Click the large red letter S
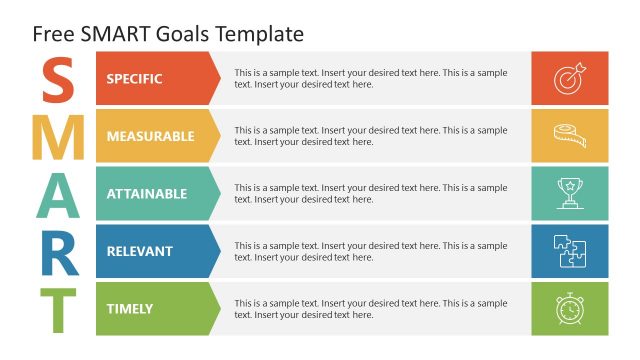pos(59,80)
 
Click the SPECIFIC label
pos(134,79)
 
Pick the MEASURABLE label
pos(150,136)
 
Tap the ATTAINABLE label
pos(146,194)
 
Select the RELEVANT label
pos(139,251)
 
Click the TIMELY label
pos(130,309)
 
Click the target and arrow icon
pos(569,79)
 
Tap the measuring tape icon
pos(569,136)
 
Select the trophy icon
pos(569,194)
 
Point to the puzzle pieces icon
pos(569,251)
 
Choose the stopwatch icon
pos(569,309)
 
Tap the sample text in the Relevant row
pos(370,251)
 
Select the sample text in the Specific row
pos(370,79)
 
